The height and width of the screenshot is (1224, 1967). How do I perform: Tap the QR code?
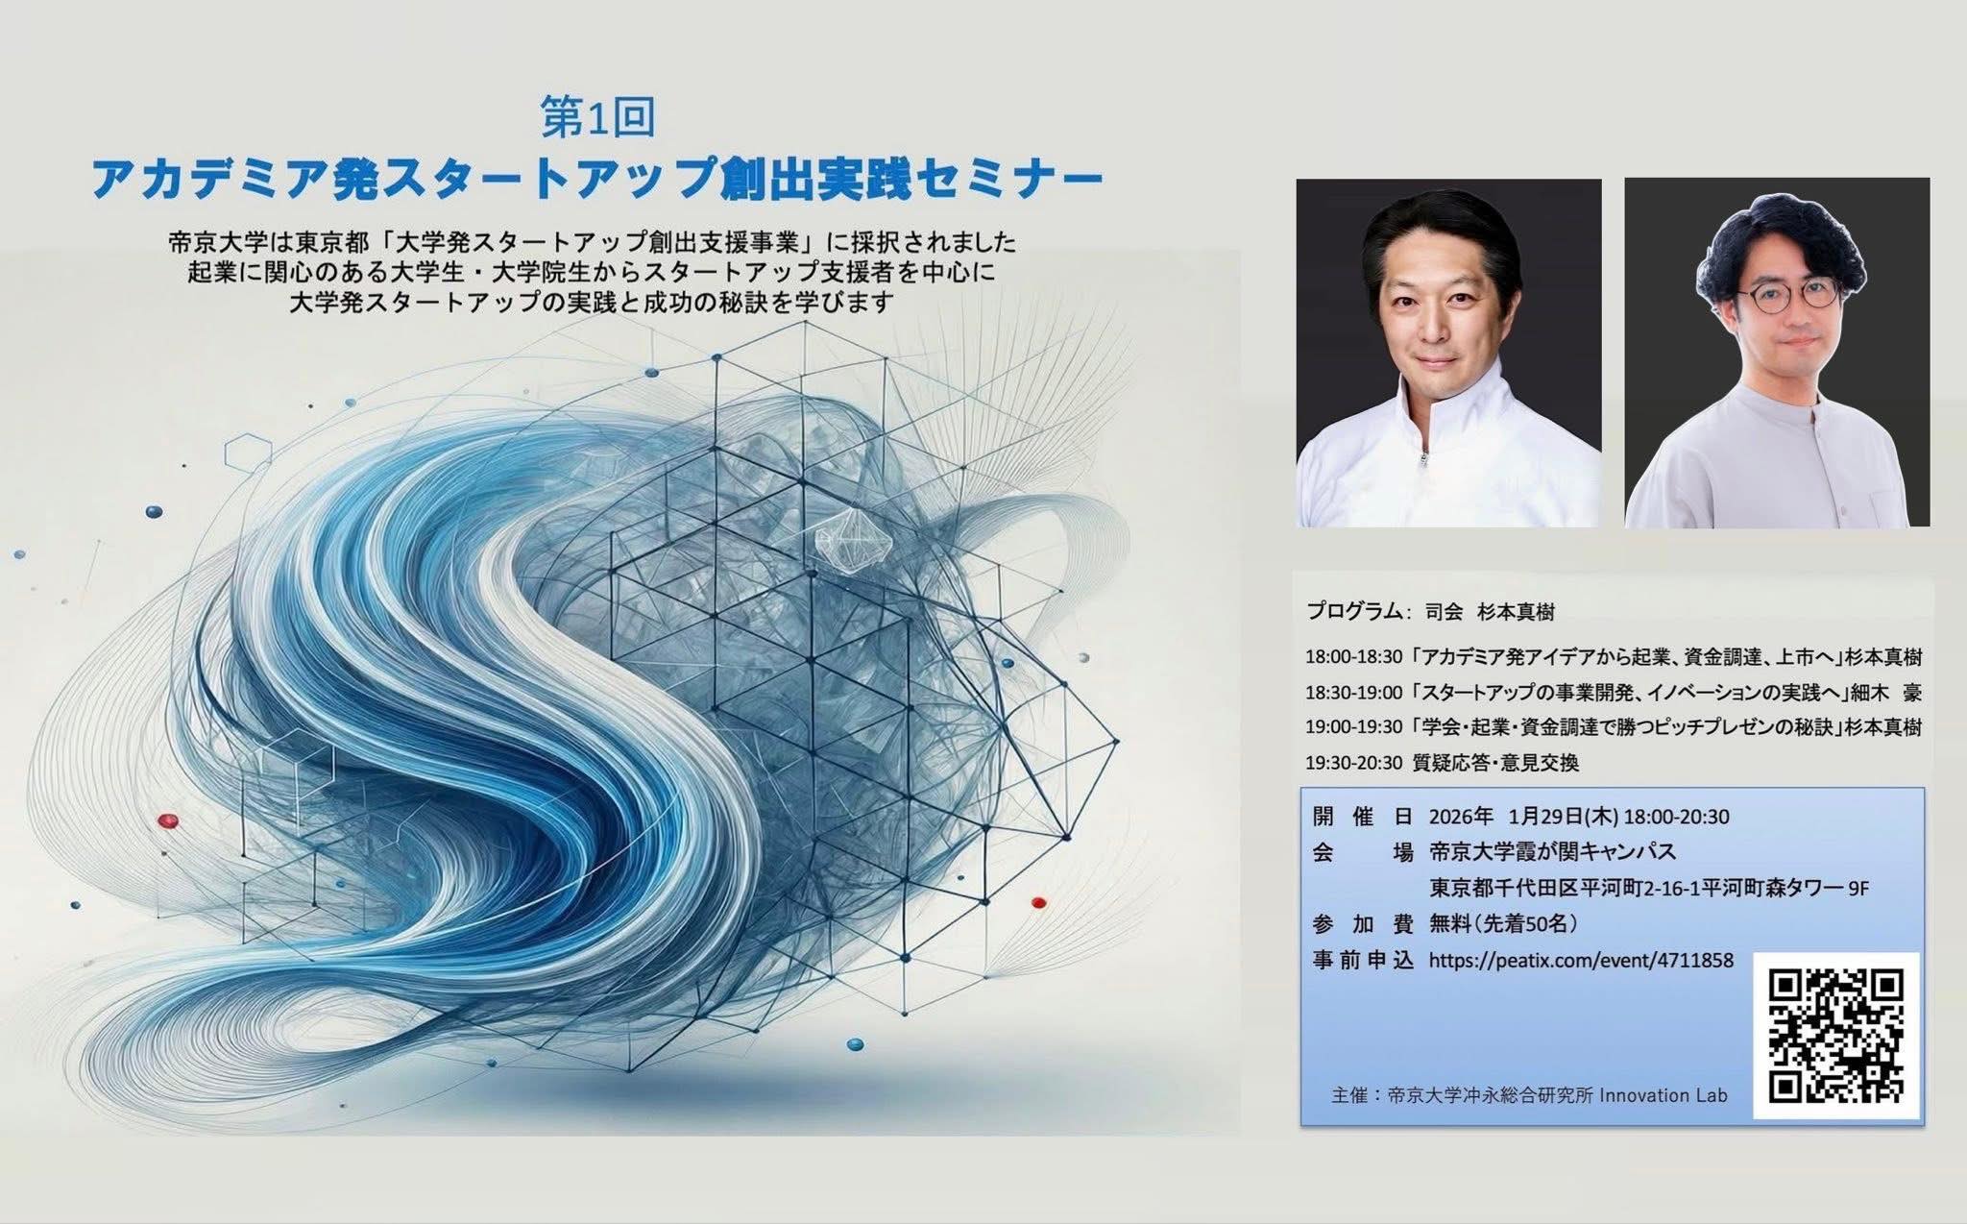pyautogui.click(x=1835, y=1036)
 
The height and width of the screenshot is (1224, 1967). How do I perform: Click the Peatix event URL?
pyautogui.click(x=1581, y=960)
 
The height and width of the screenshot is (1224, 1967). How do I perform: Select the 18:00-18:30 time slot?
pyautogui.click(x=1353, y=658)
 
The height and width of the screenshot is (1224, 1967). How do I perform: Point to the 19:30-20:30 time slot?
pyautogui.click(x=1353, y=763)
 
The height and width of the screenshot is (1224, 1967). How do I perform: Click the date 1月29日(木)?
pyautogui.click(x=1564, y=817)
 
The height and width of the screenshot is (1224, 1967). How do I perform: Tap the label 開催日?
pyautogui.click(x=1362, y=817)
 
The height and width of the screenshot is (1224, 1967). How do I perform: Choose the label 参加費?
pyautogui.click(x=1362, y=924)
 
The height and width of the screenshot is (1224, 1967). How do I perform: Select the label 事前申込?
pyautogui.click(x=1362, y=960)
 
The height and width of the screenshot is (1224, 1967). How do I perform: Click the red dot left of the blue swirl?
pyautogui.click(x=168, y=820)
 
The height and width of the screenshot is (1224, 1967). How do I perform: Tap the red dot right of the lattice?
pyautogui.click(x=1037, y=902)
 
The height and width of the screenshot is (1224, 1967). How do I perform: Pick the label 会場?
pyautogui.click(x=1362, y=851)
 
